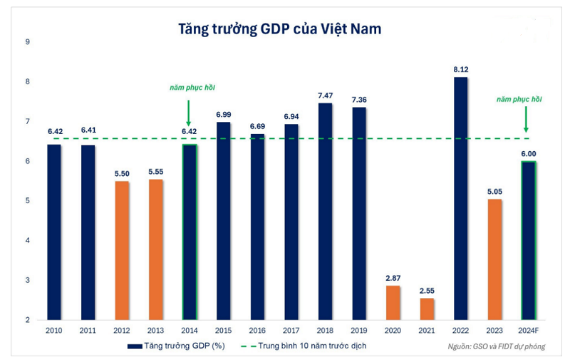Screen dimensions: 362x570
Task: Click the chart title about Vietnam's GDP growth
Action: [x=280, y=29]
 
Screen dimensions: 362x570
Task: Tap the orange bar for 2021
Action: [x=426, y=309]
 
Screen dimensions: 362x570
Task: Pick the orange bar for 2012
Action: [x=122, y=250]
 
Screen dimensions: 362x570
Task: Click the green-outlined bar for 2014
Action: [x=190, y=232]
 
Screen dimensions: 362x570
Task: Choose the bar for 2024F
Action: [x=527, y=240]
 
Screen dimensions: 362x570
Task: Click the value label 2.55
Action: [x=426, y=291]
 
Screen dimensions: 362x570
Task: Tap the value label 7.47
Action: [x=325, y=95]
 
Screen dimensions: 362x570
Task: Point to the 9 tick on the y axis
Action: [x=27, y=42]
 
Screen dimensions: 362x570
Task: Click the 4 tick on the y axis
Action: [x=27, y=240]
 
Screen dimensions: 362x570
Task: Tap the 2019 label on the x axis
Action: [x=358, y=331]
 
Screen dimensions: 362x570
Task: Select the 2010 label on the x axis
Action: [x=54, y=331]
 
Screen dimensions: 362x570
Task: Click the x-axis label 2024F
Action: [x=527, y=331]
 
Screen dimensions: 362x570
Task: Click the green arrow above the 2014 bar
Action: [x=189, y=112]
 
